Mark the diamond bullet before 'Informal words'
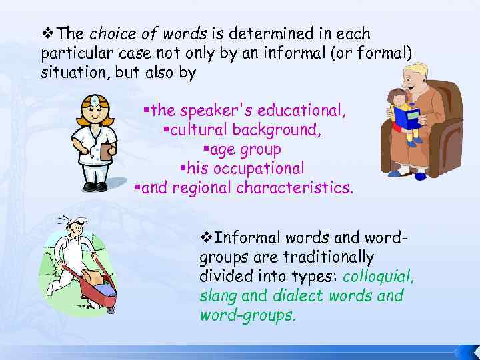tap(205, 237)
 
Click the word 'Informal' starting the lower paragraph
tap(246, 237)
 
